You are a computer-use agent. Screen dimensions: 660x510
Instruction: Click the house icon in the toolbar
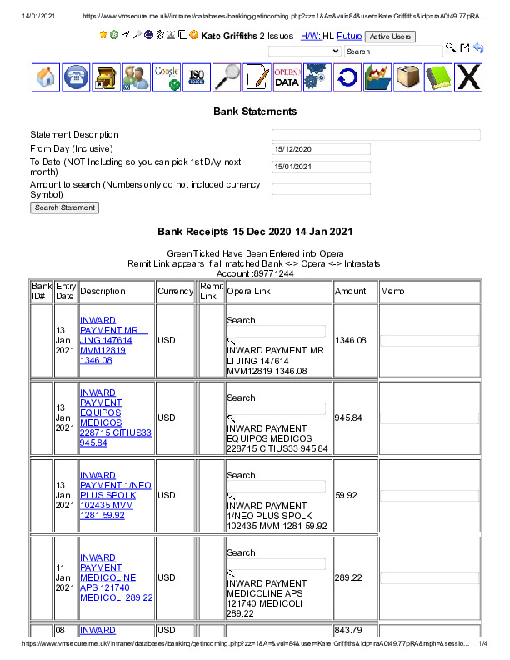47,77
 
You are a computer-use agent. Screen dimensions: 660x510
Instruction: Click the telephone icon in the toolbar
76,77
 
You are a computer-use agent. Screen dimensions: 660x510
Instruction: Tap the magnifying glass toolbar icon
227,77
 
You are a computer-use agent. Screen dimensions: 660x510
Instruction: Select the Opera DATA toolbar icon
287,77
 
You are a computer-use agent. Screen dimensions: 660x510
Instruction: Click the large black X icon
469,77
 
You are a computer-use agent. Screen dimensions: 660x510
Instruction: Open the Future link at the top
349,37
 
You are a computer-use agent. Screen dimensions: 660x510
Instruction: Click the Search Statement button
64,207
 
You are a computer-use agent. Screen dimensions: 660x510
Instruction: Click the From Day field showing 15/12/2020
321,149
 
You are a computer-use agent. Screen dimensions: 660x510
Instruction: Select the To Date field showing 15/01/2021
321,167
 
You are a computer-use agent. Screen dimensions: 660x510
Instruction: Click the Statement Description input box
376,135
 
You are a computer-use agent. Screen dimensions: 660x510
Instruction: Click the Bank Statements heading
255,112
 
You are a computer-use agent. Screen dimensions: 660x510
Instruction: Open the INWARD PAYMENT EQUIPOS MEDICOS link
115,417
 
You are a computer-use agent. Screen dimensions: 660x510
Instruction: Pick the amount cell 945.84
348,417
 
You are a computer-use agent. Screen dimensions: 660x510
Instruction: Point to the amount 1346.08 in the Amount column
350,340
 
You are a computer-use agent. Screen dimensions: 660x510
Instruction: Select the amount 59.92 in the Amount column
345,495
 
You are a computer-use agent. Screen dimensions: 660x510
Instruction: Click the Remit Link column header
211,291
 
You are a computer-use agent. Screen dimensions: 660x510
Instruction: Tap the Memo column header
392,292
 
